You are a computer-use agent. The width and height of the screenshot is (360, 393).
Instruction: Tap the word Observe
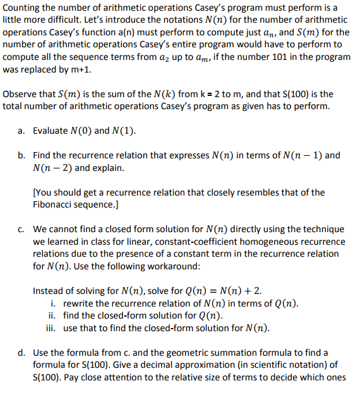pyautogui.click(x=21, y=94)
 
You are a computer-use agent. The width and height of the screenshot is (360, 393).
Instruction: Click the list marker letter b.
pyautogui.click(x=21, y=155)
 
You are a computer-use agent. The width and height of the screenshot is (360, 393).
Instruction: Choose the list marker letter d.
pyautogui.click(x=21, y=352)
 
